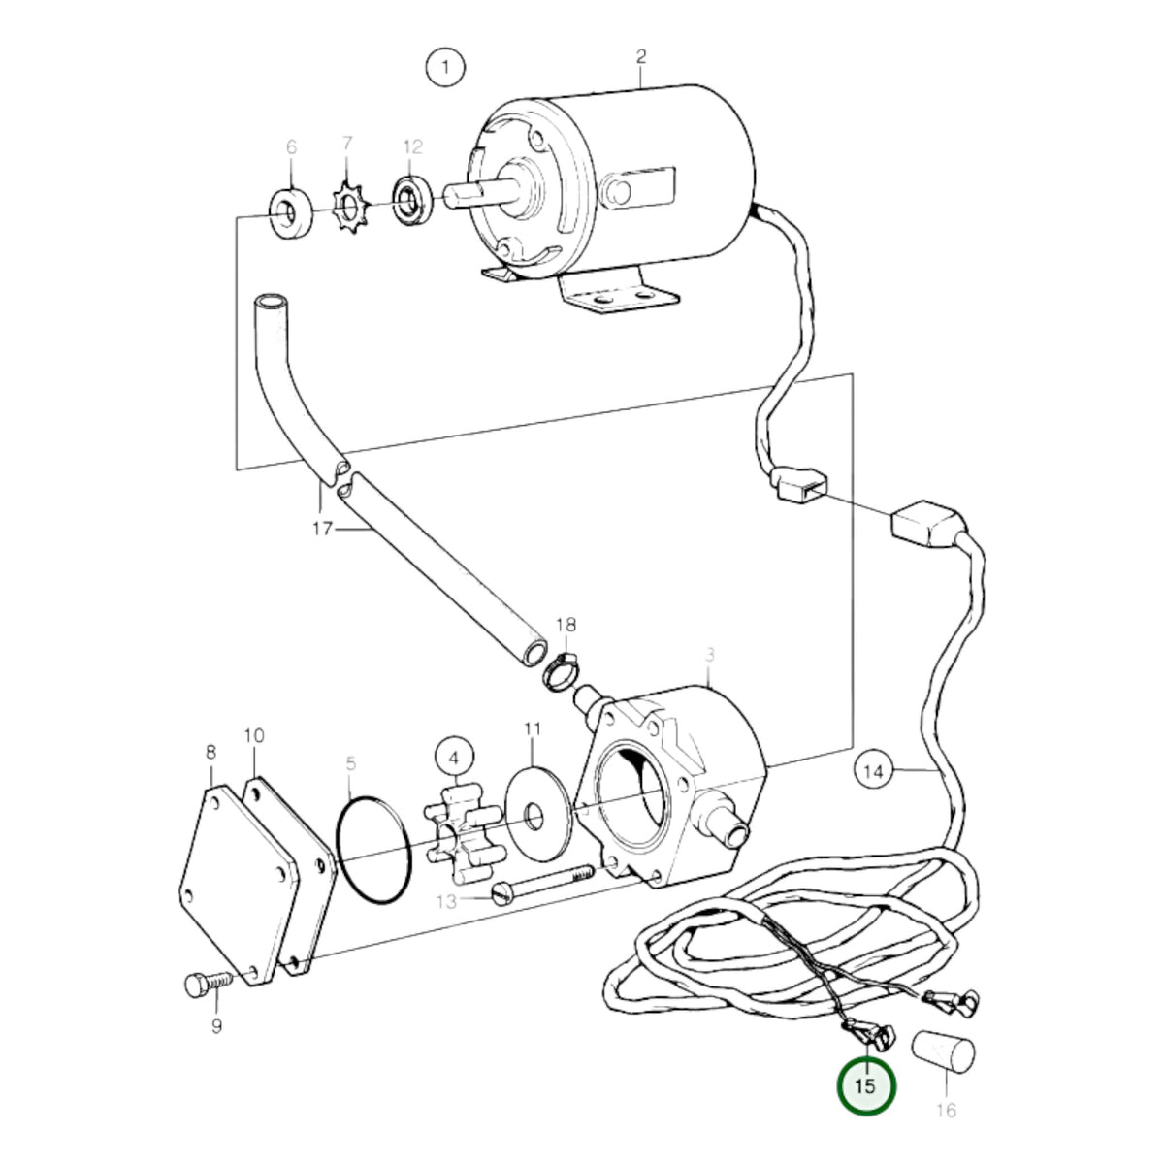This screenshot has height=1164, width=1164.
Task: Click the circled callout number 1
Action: (446, 67)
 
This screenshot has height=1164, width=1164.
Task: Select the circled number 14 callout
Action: (873, 771)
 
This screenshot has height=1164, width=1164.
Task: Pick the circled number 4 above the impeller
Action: (454, 757)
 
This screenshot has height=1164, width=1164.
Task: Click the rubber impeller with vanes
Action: (462, 836)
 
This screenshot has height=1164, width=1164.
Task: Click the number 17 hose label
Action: (323, 530)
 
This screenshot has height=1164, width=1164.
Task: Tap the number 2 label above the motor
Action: (641, 57)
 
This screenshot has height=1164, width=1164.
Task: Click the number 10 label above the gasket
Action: (254, 735)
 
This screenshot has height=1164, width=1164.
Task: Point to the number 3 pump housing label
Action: (710, 654)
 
